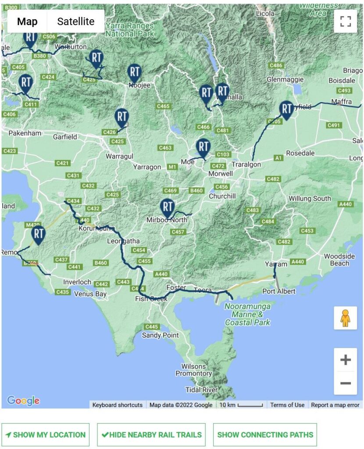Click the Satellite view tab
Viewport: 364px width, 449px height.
[x=75, y=21]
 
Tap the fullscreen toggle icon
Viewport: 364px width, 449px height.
[x=345, y=21]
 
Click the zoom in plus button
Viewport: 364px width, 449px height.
[x=345, y=360]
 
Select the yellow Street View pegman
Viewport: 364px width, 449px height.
[x=345, y=318]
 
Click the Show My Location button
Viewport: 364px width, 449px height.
[x=46, y=435]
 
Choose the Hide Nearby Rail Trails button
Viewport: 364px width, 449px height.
[x=151, y=435]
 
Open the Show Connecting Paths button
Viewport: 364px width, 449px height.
[x=265, y=435]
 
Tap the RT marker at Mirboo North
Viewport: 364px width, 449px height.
[x=168, y=207]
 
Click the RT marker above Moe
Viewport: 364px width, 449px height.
[x=203, y=147]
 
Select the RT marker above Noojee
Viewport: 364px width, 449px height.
[x=134, y=73]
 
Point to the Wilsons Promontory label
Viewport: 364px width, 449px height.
[x=193, y=370]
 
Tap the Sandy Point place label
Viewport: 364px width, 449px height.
[x=160, y=335]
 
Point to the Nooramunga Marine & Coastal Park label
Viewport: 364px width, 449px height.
[x=247, y=314]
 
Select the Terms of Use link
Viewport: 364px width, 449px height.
[x=287, y=405]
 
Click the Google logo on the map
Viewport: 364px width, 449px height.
[x=23, y=400]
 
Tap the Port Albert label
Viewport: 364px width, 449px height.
[x=278, y=292]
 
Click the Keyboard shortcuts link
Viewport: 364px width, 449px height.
[x=117, y=405]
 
